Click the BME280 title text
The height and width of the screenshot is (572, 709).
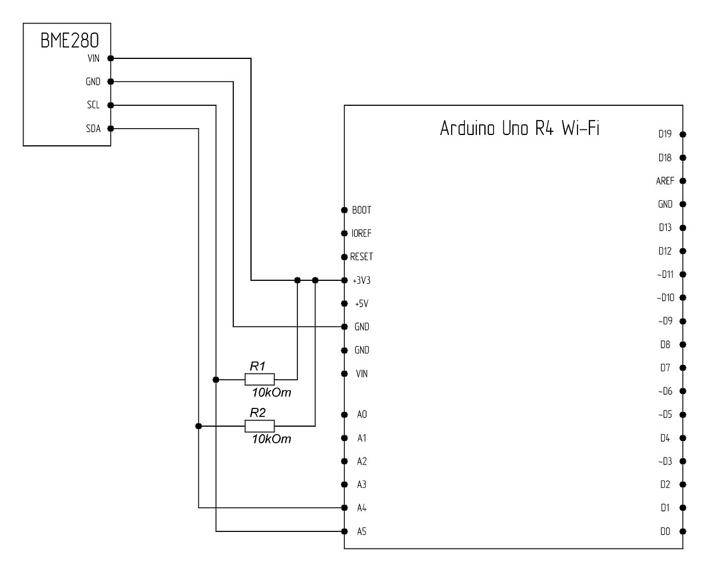70,41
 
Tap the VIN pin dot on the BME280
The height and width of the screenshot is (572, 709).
110,58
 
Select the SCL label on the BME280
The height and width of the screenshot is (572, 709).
93,105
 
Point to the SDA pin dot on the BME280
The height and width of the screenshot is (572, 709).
110,129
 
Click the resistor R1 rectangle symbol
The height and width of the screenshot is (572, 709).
260,379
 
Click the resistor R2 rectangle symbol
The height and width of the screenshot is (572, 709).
260,426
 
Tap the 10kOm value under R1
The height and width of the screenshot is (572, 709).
272,392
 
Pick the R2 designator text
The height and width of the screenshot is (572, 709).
258,412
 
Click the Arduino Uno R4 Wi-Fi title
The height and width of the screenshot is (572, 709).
519,128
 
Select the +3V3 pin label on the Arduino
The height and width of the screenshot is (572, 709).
361,280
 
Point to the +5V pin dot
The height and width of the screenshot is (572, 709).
344,304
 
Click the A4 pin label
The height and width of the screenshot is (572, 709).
361,508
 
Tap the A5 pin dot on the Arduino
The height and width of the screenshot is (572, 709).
344,531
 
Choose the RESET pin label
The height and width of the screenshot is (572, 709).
361,257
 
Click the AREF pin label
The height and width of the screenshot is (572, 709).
665,181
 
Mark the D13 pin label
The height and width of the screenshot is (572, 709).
665,228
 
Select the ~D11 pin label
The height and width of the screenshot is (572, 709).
665,275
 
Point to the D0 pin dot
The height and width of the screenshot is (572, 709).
683,531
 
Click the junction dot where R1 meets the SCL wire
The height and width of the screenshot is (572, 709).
216,379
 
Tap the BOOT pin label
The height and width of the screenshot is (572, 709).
361,210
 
